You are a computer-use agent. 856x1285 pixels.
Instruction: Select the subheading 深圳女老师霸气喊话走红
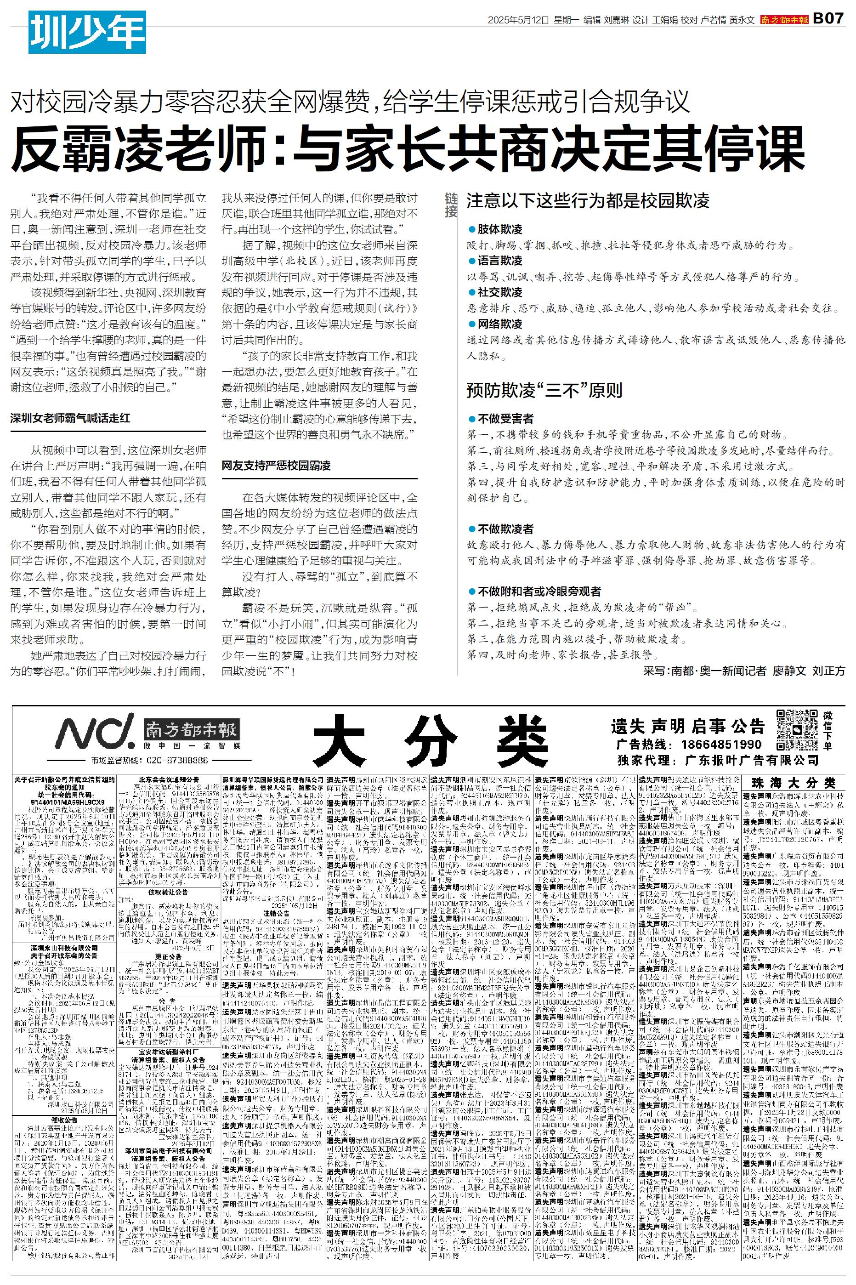(x=70, y=418)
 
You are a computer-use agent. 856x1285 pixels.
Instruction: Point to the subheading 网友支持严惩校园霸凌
(x=276, y=466)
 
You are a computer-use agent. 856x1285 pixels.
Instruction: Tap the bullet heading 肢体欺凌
(x=499, y=229)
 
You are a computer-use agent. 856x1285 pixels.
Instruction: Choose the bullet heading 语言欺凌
(x=499, y=261)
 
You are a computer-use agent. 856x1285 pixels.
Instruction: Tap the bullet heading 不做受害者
(x=505, y=419)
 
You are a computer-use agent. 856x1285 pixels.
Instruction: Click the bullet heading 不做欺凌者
(x=505, y=529)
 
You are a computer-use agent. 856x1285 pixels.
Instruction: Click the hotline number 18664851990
(x=720, y=745)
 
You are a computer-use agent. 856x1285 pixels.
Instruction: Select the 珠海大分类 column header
(x=793, y=783)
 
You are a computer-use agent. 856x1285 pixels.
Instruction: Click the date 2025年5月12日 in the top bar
(x=518, y=20)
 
